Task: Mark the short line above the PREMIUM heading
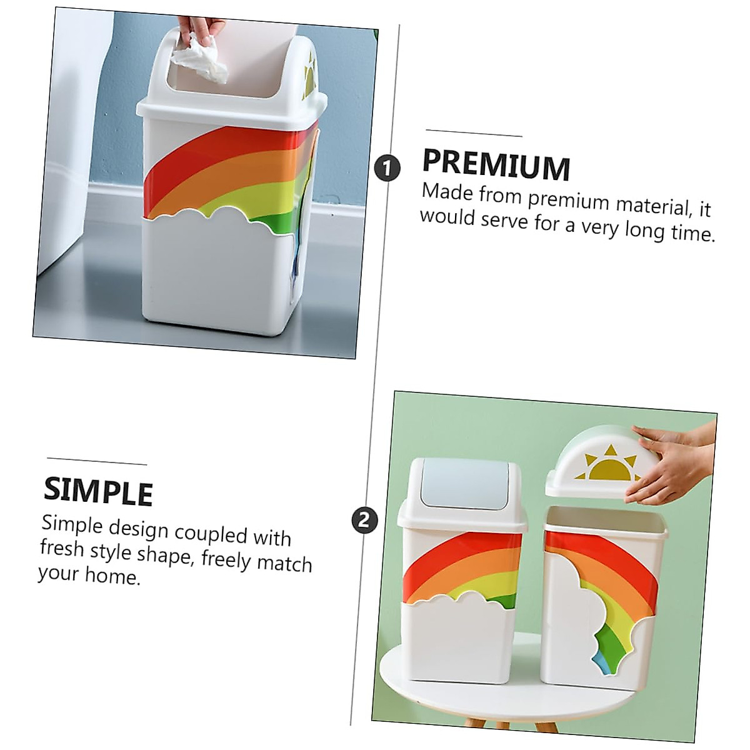click(x=474, y=133)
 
